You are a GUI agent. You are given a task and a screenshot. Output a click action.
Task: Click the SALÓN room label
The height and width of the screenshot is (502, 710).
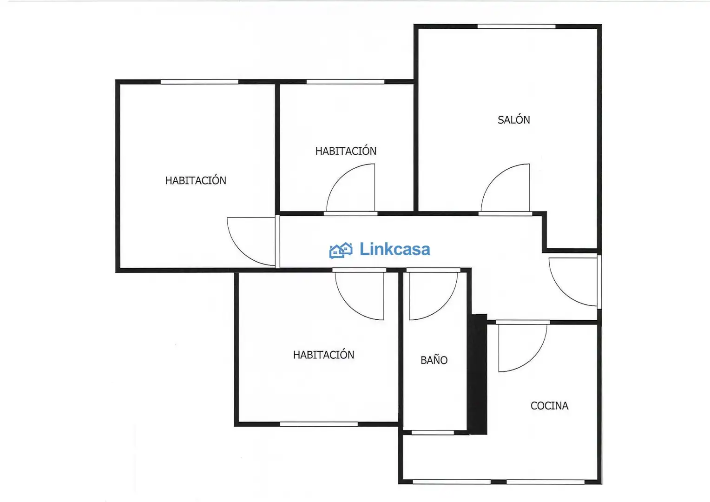[513, 119]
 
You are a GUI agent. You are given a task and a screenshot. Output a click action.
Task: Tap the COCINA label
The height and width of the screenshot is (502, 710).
[549, 406]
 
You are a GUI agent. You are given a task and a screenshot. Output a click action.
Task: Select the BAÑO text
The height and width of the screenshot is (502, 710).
[434, 360]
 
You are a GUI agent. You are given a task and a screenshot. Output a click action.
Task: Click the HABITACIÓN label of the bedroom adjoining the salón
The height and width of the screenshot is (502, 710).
[346, 151]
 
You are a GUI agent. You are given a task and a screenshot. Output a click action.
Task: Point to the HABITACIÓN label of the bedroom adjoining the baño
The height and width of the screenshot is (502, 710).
[323, 355]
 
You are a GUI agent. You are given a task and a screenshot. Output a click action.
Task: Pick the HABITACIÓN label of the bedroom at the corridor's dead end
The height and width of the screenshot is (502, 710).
[196, 180]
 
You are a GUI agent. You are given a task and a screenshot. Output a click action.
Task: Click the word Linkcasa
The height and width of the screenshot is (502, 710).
[395, 249]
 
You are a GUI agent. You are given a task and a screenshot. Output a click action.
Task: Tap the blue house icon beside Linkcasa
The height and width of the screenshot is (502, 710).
[341, 251]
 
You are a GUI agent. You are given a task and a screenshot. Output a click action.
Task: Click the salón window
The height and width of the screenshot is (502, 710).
[516, 26]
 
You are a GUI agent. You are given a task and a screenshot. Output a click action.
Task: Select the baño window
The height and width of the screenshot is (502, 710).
[433, 433]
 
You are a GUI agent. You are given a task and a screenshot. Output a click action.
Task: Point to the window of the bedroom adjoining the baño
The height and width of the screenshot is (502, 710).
[319, 424]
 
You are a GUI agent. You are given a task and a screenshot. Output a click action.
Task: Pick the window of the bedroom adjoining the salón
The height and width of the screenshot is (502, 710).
[346, 82]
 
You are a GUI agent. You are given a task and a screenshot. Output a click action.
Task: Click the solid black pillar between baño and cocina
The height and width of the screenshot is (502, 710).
[478, 374]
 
